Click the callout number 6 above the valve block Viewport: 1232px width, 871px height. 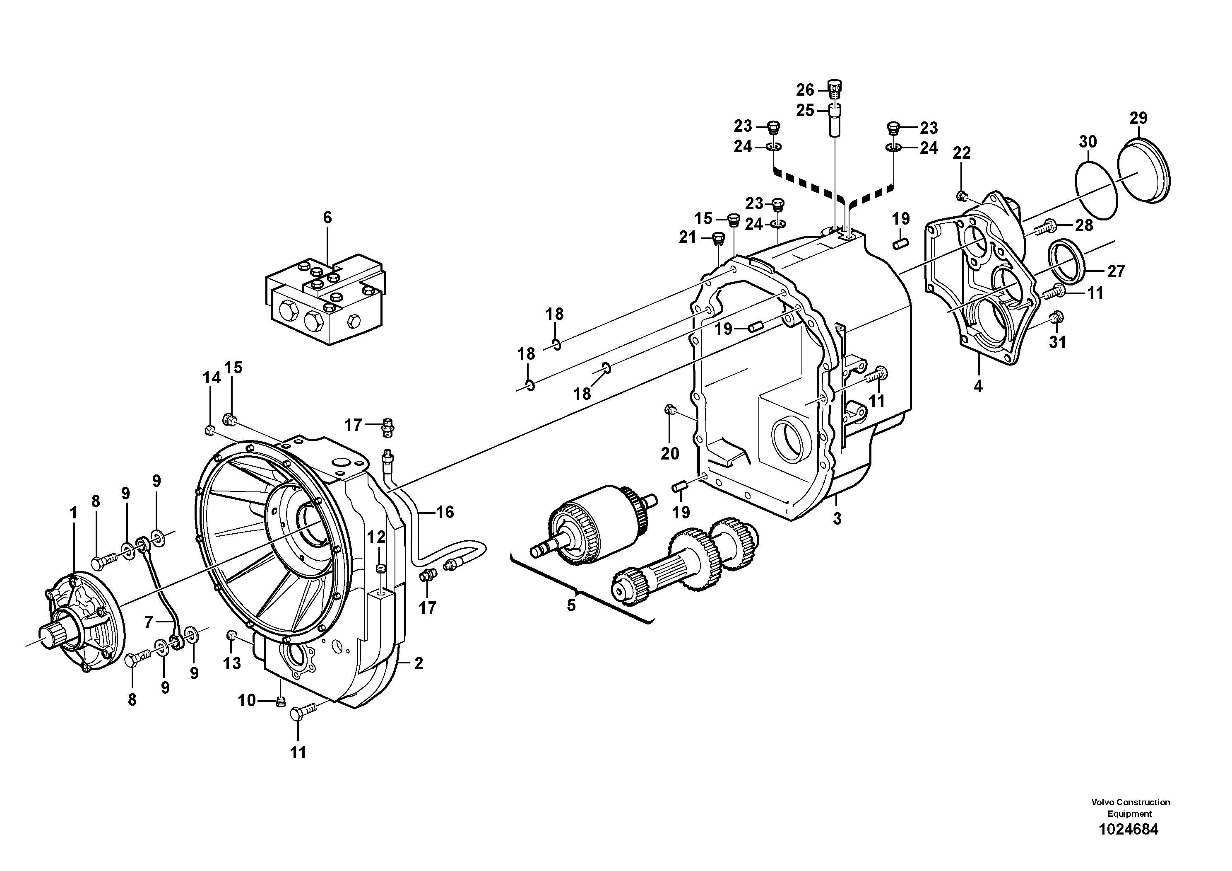(x=327, y=218)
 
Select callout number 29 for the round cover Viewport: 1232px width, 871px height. (x=1138, y=118)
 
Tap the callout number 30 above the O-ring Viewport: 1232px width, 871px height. (x=1088, y=142)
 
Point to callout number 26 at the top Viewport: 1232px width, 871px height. (x=805, y=90)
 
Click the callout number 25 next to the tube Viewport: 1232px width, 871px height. (x=805, y=111)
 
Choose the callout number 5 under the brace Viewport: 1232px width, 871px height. (x=571, y=605)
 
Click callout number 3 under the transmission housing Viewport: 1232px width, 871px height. (x=837, y=519)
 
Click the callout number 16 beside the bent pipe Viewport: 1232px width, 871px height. (x=445, y=512)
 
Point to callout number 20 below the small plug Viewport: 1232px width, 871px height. (x=670, y=454)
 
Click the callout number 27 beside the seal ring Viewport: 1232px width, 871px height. (x=1116, y=271)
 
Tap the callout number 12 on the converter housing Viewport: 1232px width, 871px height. (x=376, y=537)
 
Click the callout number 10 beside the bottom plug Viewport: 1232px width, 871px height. (x=247, y=700)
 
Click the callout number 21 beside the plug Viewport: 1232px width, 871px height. (x=687, y=237)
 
